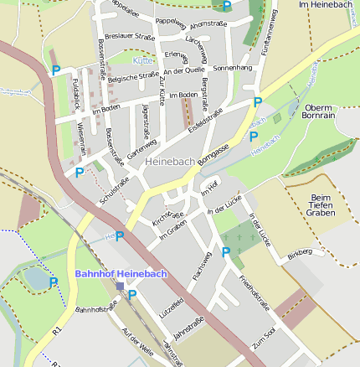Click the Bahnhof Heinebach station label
coord(121,273)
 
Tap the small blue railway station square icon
coord(121,286)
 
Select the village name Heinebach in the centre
coord(170,159)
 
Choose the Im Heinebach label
coord(327,6)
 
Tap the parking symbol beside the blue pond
coord(54,282)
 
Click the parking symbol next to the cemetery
coord(225,251)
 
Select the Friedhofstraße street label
coord(252,294)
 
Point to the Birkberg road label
coord(300,251)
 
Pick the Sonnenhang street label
coord(232,67)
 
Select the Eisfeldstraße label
coord(205,116)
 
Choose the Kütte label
coord(143,61)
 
